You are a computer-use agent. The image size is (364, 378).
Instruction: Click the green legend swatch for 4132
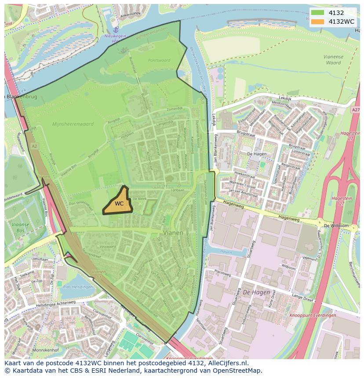[x=318, y=13]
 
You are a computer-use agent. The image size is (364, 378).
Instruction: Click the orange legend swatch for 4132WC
[x=318, y=22]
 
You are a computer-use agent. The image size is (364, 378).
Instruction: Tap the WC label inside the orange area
[x=119, y=204]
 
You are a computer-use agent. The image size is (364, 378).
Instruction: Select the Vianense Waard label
[x=333, y=60]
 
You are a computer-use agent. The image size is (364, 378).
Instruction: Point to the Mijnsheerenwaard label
[x=73, y=124]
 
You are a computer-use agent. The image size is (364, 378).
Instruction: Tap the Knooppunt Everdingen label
[x=313, y=315]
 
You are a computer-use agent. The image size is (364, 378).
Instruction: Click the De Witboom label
[x=335, y=226]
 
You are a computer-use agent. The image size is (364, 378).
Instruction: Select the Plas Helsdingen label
[x=78, y=287]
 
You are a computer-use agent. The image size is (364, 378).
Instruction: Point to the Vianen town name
[x=173, y=232]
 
